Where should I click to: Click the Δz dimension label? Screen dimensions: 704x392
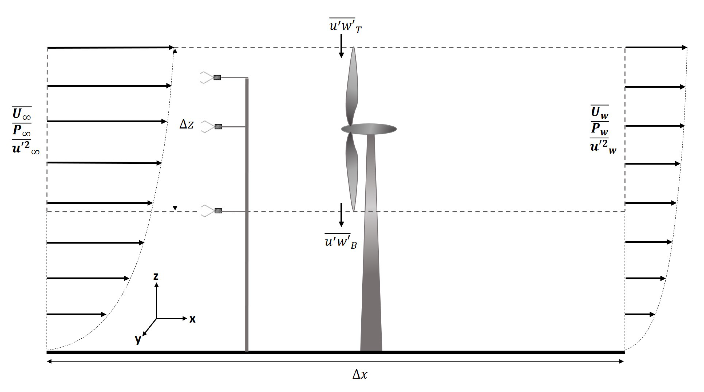tap(187, 124)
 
